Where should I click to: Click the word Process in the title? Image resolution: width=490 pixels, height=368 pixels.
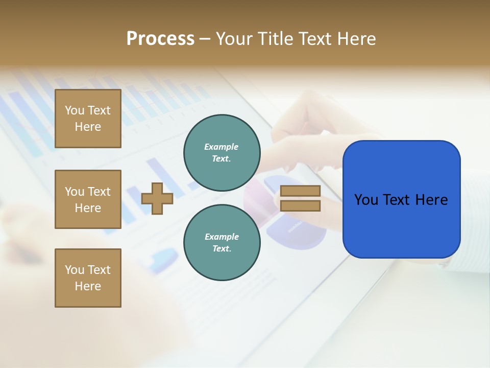pos(160,38)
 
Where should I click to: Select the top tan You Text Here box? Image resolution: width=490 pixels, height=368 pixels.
pos(88,119)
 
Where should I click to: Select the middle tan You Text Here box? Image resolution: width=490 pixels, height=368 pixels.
pos(88,199)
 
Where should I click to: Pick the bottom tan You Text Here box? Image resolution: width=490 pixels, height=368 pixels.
pos(88,278)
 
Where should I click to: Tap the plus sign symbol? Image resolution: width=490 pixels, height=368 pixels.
pos(157,198)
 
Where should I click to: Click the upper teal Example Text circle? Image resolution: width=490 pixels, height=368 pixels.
pos(222,153)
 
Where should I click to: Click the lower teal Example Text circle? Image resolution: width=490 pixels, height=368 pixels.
pos(222,243)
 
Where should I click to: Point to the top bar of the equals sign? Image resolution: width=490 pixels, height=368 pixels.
pos(300,191)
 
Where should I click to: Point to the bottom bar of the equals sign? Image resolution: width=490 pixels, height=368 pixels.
pos(300,205)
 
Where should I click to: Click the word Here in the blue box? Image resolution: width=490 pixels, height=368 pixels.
pos(431,200)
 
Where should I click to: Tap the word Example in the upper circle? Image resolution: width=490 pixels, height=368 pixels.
pos(222,147)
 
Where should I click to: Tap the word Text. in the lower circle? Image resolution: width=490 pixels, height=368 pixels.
pos(222,249)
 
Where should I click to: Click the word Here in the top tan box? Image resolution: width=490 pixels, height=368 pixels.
pos(88,127)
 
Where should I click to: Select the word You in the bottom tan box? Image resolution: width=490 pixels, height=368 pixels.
pos(75,270)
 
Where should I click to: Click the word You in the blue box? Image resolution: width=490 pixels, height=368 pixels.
pos(367,200)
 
